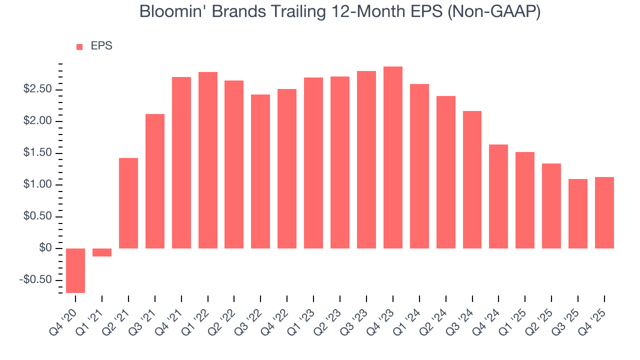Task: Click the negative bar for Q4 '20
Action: pyautogui.click(x=75, y=270)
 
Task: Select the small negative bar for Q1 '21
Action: pyautogui.click(x=102, y=252)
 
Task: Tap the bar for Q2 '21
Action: pyautogui.click(x=128, y=203)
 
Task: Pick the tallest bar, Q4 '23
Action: pyautogui.click(x=393, y=157)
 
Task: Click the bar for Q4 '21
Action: pyautogui.click(x=181, y=162)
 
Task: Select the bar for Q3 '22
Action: pyautogui.click(x=260, y=171)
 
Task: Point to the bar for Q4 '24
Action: pyautogui.click(x=498, y=196)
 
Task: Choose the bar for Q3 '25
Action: pyautogui.click(x=578, y=213)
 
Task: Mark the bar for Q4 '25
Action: pyautogui.click(x=604, y=212)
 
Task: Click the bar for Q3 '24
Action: pyautogui.click(x=472, y=179)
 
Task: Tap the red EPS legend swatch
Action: pyautogui.click(x=79, y=47)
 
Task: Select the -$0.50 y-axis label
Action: pyautogui.click(x=35, y=280)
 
